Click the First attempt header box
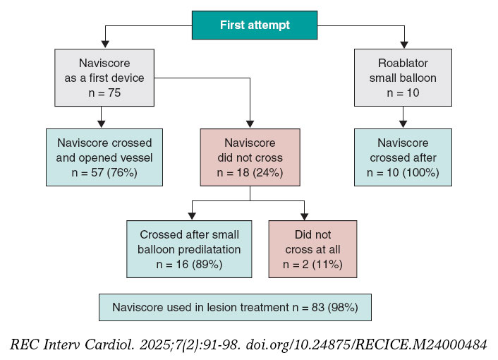pyautogui.click(x=255, y=25)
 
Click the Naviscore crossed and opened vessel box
pyautogui.click(x=104, y=157)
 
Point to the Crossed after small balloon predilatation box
pyautogui.click(x=188, y=248)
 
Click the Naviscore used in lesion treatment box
pyautogui.click(x=235, y=307)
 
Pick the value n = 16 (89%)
pyautogui.click(x=188, y=265)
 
